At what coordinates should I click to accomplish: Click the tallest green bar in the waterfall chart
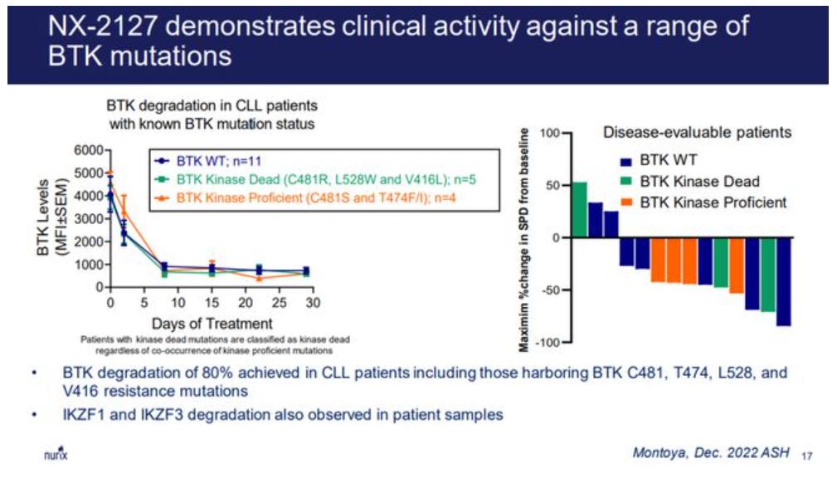coord(579,209)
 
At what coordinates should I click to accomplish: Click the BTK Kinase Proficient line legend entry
coord(315,197)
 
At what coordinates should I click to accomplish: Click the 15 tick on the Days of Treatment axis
coord(211,303)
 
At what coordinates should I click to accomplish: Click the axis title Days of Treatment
coord(211,323)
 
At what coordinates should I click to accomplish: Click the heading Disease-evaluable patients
coord(695,132)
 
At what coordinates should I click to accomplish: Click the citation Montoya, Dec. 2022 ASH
coord(709,452)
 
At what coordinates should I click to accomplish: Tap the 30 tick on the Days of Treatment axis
coord(312,303)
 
